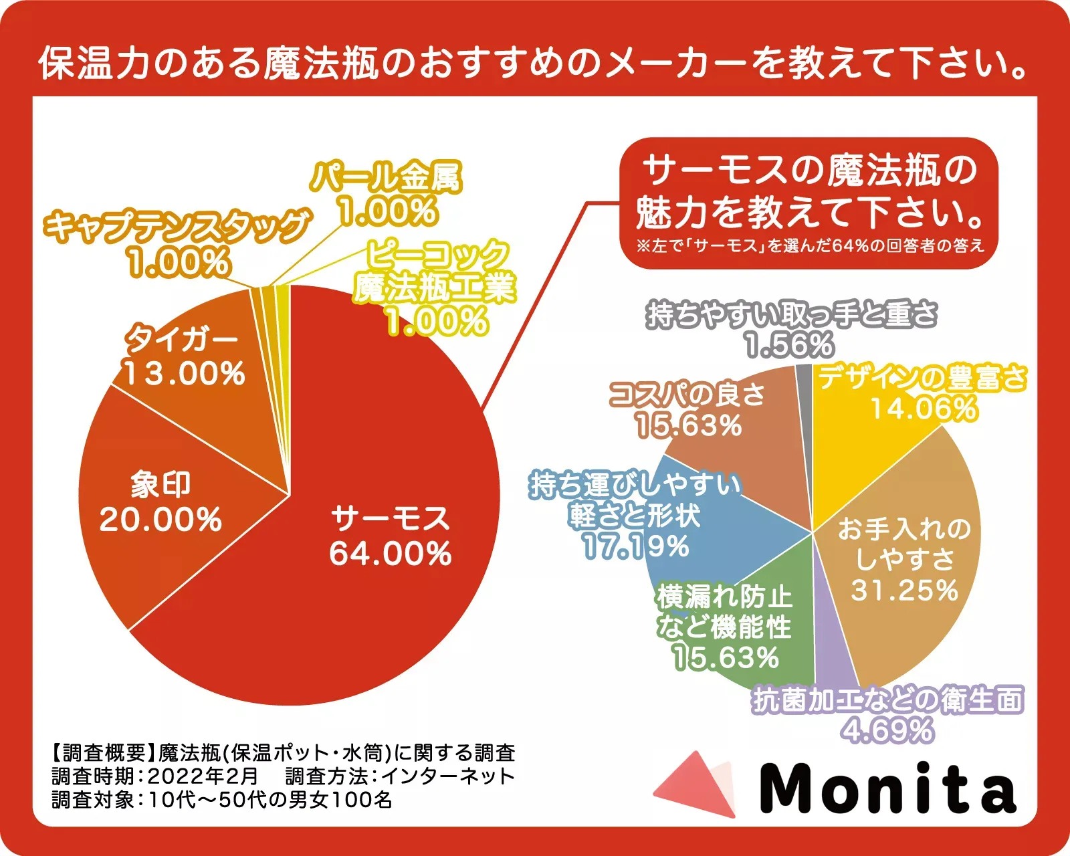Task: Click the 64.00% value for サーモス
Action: [391, 554]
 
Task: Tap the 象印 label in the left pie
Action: [160, 484]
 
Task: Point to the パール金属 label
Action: [386, 177]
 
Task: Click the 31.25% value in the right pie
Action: [904, 590]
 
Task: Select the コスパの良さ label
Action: [687, 395]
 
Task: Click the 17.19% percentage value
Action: [635, 547]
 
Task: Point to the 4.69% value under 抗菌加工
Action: [887, 730]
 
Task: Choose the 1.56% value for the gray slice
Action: [789, 345]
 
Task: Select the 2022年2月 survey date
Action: [202, 776]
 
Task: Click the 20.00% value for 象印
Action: [160, 520]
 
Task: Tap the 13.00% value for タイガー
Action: [185, 373]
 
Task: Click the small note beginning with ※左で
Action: [811, 246]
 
